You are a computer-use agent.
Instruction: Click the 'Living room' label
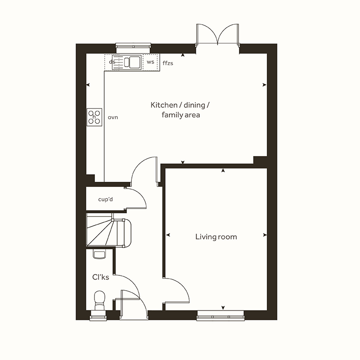(x=216, y=237)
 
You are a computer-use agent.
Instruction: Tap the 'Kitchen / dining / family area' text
(x=180, y=110)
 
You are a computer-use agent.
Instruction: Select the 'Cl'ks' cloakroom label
(x=101, y=277)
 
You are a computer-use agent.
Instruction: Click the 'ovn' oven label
(x=112, y=117)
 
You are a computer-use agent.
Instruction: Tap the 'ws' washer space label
(x=150, y=62)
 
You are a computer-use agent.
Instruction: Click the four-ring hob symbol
(x=94, y=117)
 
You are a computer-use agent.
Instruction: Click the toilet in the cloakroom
(x=99, y=299)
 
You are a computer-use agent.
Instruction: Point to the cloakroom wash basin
(x=99, y=254)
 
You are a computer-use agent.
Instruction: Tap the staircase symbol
(x=108, y=231)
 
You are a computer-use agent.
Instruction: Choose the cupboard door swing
(x=135, y=198)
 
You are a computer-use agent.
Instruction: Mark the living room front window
(x=220, y=315)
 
